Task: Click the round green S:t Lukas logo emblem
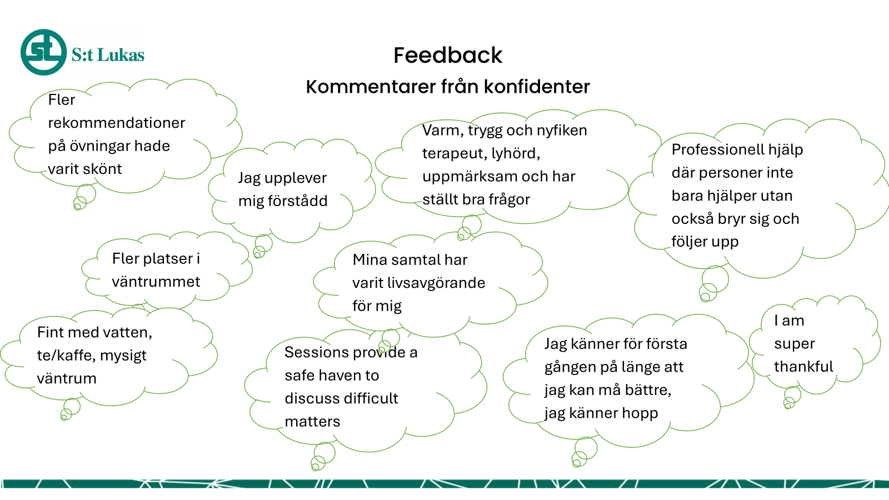(44, 52)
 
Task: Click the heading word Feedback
(448, 55)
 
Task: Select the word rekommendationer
(116, 123)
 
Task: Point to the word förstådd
(283, 201)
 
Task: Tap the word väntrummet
(156, 282)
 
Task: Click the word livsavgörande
(436, 283)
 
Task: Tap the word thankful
(803, 366)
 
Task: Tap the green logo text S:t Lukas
(108, 55)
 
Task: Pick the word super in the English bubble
(794, 344)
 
